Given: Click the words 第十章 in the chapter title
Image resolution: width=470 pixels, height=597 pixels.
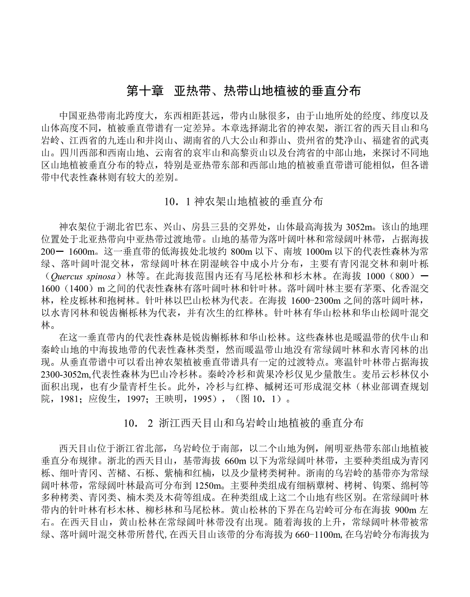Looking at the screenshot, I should [x=145, y=91].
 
